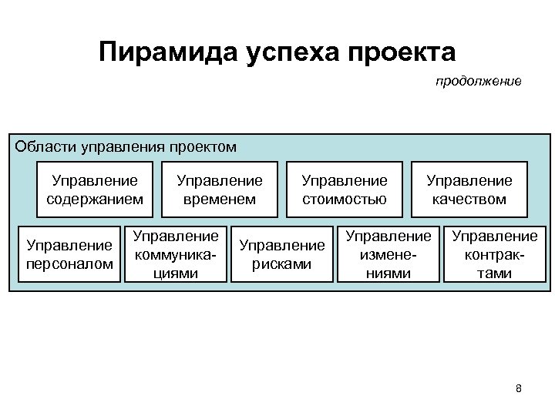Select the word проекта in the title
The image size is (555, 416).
coord(403,52)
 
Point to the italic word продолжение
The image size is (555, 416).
coord(478,81)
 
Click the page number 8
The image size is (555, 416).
coord(518,388)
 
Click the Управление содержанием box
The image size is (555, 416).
coord(95,190)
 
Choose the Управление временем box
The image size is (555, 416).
coord(220,190)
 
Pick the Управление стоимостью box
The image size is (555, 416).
coord(345,190)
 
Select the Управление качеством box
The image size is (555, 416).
coord(469,190)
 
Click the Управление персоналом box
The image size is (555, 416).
coord(69,255)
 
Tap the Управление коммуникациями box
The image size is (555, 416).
coord(177,254)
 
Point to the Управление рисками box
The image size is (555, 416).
coord(282,255)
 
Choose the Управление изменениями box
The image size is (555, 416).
coord(388,254)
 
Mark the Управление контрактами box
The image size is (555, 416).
coord(494,254)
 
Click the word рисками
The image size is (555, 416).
coord(282,264)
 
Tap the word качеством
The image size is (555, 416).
coord(469,200)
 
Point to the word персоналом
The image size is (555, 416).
coord(69,264)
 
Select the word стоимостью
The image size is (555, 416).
coord(345,200)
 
